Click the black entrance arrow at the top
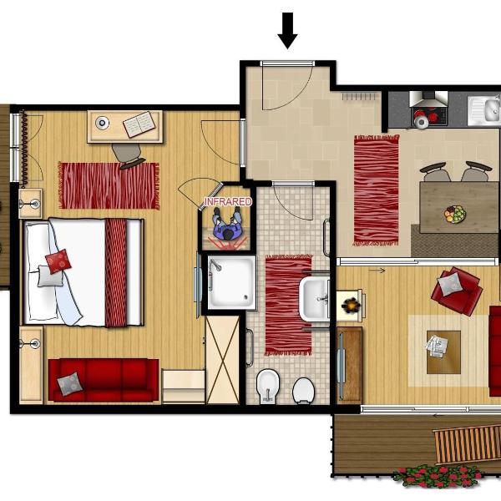coord(287,31)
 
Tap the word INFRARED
coord(228,202)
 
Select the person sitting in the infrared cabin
coord(227,224)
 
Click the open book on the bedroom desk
coord(139,124)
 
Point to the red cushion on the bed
coord(58,261)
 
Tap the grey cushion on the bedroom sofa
coord(69,384)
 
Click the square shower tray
coord(231,282)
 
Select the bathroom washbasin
coord(315,299)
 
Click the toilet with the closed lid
coord(303,391)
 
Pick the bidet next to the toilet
coord(268,386)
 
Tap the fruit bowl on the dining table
coord(455,214)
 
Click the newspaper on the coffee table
coord(436,346)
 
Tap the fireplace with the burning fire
coord(351,306)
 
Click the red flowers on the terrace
coord(437,477)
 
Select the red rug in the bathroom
coord(288,305)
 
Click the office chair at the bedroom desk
coord(128,155)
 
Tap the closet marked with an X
coord(222,360)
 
